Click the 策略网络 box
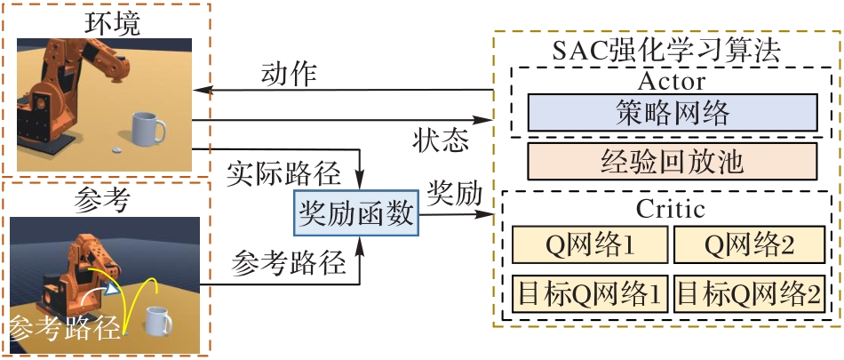click(x=672, y=113)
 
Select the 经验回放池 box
click(x=672, y=164)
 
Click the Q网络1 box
click(x=588, y=244)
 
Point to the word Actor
click(x=672, y=82)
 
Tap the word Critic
click(x=671, y=211)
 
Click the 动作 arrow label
click(x=289, y=74)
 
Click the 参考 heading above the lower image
click(x=98, y=201)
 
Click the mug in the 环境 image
click(x=146, y=130)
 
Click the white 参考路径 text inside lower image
click(x=65, y=330)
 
